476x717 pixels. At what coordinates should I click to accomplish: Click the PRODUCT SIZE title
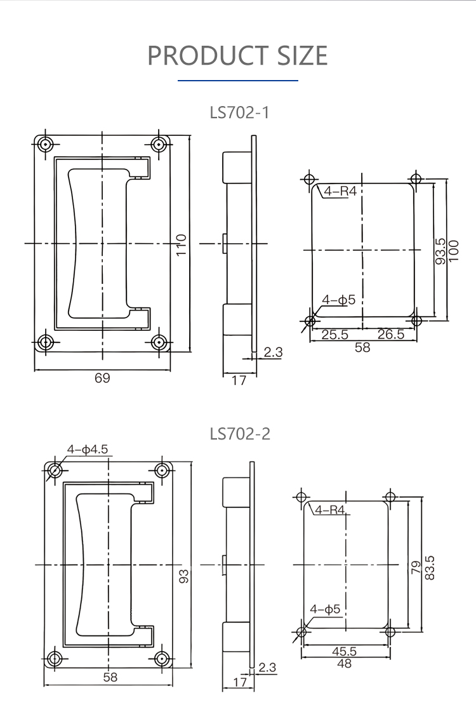click(237, 55)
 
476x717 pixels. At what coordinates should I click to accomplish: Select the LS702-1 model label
click(239, 112)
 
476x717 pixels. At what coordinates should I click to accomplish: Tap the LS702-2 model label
click(240, 434)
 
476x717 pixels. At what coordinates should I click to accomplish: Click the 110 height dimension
click(182, 245)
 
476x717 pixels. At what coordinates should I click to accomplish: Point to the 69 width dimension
click(102, 378)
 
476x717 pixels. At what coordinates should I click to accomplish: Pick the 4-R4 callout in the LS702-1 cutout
click(340, 191)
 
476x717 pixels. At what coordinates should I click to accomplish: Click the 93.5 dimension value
click(440, 251)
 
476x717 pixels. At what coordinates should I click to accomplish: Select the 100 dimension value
click(453, 251)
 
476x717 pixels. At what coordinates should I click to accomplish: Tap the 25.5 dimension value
click(335, 335)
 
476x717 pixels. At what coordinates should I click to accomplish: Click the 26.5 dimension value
click(390, 334)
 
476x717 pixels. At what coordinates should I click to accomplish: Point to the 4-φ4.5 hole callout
click(88, 450)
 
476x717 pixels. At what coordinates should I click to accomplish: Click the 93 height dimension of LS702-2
click(183, 576)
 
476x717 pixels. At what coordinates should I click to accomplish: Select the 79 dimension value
click(416, 568)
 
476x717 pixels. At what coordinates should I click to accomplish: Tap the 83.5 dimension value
click(430, 568)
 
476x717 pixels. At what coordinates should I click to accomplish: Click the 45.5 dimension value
click(345, 651)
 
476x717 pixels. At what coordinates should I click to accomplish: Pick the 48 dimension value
click(345, 663)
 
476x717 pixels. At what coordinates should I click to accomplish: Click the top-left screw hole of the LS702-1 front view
click(46, 145)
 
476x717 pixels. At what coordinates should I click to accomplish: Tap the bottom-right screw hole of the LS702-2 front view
click(162, 659)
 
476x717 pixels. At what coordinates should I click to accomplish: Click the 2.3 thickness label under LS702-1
click(273, 352)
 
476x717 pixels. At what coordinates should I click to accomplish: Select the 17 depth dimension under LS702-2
click(240, 683)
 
